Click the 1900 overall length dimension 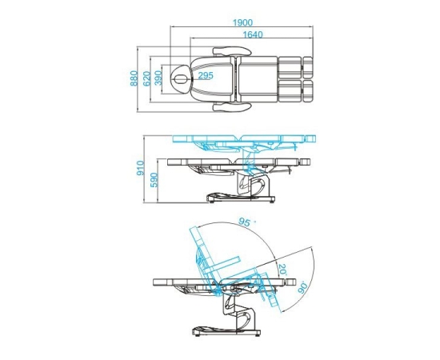click(242, 22)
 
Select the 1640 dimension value click(253, 34)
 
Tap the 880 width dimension click(134, 78)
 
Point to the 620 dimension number click(146, 79)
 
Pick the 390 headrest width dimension click(158, 78)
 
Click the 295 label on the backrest click(206, 75)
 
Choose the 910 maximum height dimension click(140, 168)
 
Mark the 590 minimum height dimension click(154, 180)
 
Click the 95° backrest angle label click(245, 222)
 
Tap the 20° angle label click(282, 270)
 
